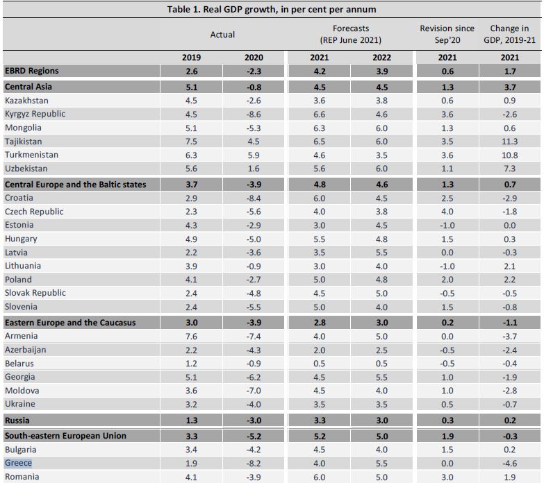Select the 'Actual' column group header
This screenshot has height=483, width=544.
click(x=222, y=34)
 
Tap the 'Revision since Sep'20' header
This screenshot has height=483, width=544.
click(x=447, y=34)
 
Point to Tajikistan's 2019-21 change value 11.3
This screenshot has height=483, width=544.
click(x=510, y=141)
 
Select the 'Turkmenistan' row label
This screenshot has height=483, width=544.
click(x=31, y=155)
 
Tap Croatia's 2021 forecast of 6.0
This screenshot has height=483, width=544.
click(x=320, y=198)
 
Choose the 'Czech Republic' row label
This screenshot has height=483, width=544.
click(x=34, y=212)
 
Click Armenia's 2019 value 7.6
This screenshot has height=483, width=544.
click(x=190, y=337)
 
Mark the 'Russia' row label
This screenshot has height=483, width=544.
click(x=18, y=420)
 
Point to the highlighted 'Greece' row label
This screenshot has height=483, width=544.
click(x=18, y=463)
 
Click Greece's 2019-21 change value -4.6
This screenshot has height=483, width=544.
click(x=510, y=463)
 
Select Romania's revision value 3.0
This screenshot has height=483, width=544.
click(x=447, y=477)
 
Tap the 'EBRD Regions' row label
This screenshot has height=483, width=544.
click(x=31, y=71)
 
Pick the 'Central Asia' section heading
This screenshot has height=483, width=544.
click(x=28, y=87)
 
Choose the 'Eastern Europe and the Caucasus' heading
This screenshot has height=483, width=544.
click(x=70, y=323)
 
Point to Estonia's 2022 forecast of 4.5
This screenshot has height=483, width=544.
click(x=381, y=225)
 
